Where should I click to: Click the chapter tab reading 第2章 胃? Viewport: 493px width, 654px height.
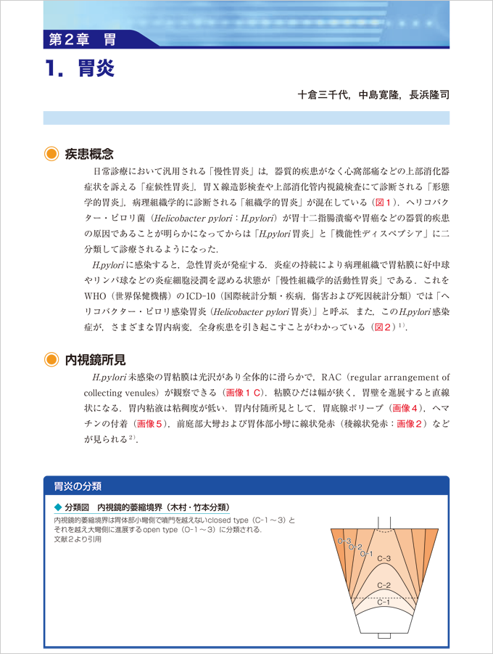click(81, 38)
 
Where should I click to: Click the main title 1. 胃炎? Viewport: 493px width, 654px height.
click(79, 70)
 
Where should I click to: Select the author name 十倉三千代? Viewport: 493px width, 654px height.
click(324, 95)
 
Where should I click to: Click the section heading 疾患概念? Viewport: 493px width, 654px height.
click(89, 154)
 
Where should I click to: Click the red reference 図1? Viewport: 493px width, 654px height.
click(384, 202)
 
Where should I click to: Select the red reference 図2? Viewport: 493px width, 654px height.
click(383, 327)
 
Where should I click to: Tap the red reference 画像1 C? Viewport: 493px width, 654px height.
click(247, 393)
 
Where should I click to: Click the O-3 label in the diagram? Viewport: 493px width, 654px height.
click(344, 541)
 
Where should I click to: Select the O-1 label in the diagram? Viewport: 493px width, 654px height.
click(367, 554)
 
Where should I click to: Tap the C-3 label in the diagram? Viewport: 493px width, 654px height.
click(386, 557)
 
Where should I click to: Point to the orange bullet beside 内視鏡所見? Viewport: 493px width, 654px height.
click(51, 359)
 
